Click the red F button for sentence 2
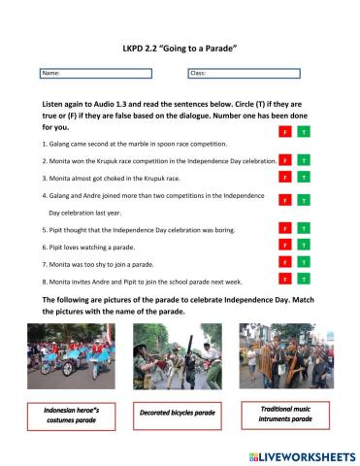[x=284, y=160]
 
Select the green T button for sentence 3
[x=303, y=178]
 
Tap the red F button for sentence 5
[x=284, y=228]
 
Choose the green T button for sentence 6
[x=303, y=246]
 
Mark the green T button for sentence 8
[x=303, y=280]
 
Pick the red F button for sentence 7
[x=284, y=263]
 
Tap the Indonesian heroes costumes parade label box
[x=76, y=416]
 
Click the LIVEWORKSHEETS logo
[x=302, y=454]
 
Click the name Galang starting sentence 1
[x=59, y=144]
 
